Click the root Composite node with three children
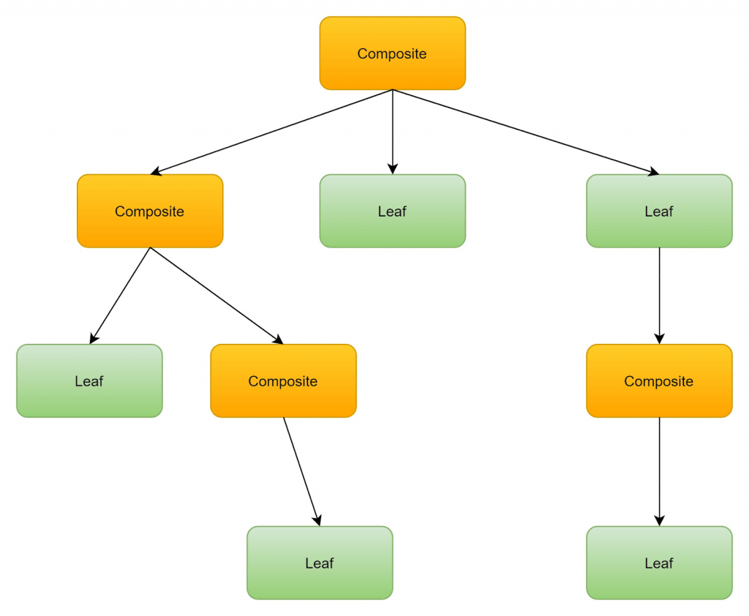click(x=392, y=53)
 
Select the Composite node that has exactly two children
click(x=150, y=211)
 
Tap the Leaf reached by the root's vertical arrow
click(x=392, y=211)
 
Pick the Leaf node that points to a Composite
click(x=658, y=211)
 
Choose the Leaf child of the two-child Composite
click(x=89, y=381)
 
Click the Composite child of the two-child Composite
click(x=283, y=381)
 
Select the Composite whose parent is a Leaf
click(x=658, y=381)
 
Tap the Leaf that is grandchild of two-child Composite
click(x=320, y=563)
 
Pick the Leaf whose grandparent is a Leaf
click(x=658, y=563)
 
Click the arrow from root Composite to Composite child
click(x=271, y=132)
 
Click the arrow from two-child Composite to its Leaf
click(x=120, y=296)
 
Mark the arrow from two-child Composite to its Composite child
click(x=217, y=296)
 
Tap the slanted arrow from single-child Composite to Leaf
click(x=301, y=471)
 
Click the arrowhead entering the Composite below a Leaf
click(x=659, y=338)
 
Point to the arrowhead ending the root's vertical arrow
click(x=393, y=168)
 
